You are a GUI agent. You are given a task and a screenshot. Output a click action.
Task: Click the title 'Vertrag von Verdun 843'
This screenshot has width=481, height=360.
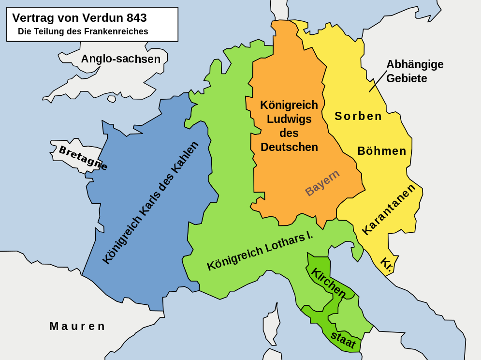(79, 18)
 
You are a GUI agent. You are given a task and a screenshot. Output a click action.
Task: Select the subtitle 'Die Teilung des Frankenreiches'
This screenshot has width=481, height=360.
(83, 31)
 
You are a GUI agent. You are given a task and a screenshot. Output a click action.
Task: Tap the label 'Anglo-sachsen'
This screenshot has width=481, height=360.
(120, 59)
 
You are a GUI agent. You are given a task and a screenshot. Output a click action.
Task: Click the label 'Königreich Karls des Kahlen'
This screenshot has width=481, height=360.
(150, 203)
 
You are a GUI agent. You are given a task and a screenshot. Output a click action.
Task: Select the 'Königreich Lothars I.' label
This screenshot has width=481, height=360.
(260, 251)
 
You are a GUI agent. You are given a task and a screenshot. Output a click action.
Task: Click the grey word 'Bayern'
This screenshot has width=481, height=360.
(322, 182)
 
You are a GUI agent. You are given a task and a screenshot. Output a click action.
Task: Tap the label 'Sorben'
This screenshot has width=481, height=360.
(358, 116)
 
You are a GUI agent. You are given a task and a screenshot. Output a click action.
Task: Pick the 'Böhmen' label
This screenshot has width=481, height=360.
(382, 151)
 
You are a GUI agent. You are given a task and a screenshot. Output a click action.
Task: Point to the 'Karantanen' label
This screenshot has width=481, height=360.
(389, 209)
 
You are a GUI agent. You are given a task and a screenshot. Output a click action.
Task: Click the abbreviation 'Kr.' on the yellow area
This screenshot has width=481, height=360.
(386, 264)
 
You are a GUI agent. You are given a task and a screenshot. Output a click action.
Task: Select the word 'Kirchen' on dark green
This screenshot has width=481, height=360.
(328, 283)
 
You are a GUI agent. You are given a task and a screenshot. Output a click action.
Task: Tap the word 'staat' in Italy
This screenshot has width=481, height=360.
(343, 340)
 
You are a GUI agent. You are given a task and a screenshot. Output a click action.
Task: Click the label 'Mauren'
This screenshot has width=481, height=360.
(77, 326)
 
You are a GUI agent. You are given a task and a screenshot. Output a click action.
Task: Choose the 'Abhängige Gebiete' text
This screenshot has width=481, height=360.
(414, 71)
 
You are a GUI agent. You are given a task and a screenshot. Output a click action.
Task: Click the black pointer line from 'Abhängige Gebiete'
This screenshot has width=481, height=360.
(378, 81)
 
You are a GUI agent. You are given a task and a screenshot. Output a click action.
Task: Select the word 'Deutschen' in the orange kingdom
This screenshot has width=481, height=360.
(289, 147)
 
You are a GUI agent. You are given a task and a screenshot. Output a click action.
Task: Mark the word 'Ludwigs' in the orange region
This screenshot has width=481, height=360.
(289, 119)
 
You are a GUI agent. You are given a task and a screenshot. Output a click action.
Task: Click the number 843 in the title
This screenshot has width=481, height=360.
(136, 18)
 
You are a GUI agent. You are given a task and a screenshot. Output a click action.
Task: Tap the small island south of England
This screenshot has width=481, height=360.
(112, 99)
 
